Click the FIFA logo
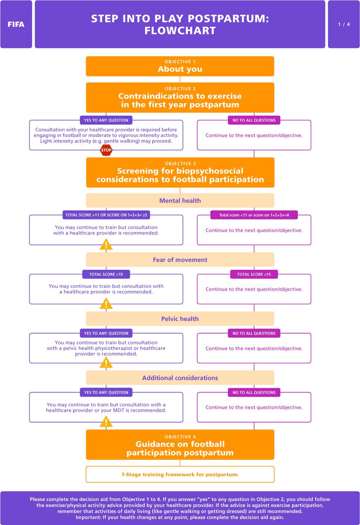click(16, 24)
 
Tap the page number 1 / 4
click(344, 24)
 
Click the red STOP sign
click(106, 150)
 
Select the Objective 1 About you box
click(180, 66)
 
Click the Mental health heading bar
click(180, 201)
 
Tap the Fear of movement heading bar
click(180, 260)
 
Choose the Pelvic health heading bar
click(180, 319)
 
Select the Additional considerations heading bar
click(180, 378)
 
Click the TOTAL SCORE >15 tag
click(106, 274)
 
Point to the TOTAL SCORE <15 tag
click(254, 274)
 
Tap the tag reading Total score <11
click(254, 215)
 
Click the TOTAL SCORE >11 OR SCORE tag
click(106, 215)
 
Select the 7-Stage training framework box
click(180, 475)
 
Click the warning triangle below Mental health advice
click(106, 245)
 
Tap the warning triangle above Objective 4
click(106, 422)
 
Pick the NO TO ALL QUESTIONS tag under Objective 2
click(254, 120)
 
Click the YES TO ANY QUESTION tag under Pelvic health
click(106, 333)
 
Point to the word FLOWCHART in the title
click(180, 31)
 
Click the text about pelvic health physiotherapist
click(106, 348)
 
